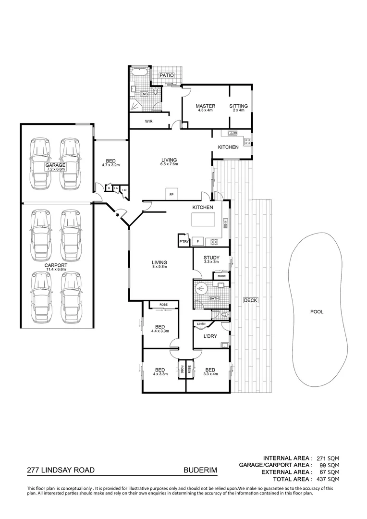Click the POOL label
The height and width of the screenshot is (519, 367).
(317, 311)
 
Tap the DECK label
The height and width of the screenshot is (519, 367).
(251, 300)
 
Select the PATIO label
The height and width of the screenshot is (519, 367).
(167, 75)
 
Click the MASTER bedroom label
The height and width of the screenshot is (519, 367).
(205, 106)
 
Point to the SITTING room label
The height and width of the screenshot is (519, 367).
(238, 106)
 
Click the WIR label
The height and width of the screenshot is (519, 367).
(148, 122)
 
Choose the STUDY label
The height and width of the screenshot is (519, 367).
(211, 258)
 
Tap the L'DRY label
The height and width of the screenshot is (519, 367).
(210, 336)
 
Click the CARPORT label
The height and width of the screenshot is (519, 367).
(56, 265)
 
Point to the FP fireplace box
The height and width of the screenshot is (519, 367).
(171, 194)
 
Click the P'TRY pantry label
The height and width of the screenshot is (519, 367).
(183, 241)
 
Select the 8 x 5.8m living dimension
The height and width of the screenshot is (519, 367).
(159, 267)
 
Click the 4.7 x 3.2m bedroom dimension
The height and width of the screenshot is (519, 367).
(110, 165)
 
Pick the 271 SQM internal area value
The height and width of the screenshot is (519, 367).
(328, 458)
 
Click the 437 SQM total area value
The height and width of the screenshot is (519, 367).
(328, 479)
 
